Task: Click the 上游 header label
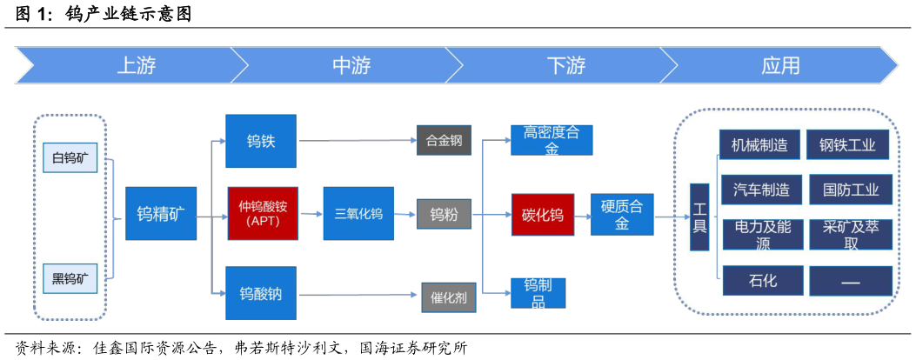(x=136, y=66)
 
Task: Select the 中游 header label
(x=351, y=66)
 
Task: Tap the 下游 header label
(x=565, y=66)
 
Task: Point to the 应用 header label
(x=780, y=66)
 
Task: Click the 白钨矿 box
(x=70, y=157)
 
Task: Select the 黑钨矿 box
(x=70, y=278)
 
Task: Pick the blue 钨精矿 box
(x=161, y=213)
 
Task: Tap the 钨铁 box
(x=261, y=140)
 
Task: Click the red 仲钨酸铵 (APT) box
(x=263, y=213)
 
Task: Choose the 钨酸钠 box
(x=261, y=293)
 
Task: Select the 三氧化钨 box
(x=358, y=213)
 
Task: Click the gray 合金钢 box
(x=444, y=140)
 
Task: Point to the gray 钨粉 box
(x=444, y=214)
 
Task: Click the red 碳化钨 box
(x=542, y=215)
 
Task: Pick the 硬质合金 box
(x=622, y=214)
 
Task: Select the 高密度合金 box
(x=552, y=140)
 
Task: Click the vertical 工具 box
(x=699, y=217)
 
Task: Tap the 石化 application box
(x=762, y=280)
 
